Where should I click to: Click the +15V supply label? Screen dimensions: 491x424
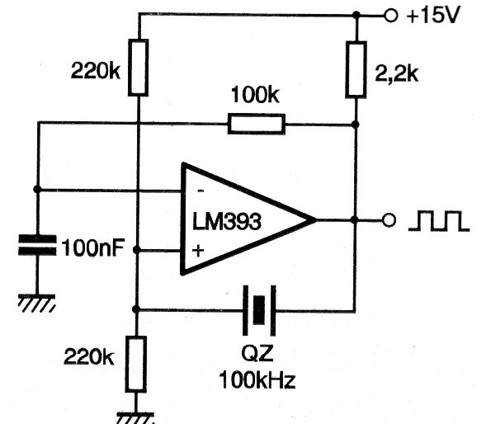pos(433,15)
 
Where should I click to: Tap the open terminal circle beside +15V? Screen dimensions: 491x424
pos(390,15)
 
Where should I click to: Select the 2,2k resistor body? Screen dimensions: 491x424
pos(356,70)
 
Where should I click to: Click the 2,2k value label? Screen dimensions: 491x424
pos(396,73)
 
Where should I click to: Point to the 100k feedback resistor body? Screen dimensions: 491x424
pos(257,125)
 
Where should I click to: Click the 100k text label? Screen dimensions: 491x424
pos(255,95)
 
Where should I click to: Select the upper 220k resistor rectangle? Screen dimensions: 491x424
pos(138,67)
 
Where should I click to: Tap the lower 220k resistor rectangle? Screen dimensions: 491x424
pos(136,364)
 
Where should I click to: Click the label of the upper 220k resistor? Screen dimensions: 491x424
pos(96,70)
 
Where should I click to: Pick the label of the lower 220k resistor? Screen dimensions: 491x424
pos(88,356)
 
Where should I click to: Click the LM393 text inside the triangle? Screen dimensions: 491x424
pos(226,222)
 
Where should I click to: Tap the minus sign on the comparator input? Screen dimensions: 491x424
pos(201,191)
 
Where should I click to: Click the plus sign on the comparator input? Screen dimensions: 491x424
pos(198,250)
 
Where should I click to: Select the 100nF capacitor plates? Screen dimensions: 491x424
pos(37,245)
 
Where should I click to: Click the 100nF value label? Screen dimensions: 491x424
pos(93,247)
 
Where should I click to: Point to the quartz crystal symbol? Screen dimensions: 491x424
pos(259,310)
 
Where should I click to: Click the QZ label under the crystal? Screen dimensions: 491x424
pos(257,354)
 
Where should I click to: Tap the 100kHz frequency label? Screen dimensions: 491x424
pos(257,380)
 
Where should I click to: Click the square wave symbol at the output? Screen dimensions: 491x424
pos(439,221)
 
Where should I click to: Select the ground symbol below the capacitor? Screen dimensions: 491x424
pos(37,303)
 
